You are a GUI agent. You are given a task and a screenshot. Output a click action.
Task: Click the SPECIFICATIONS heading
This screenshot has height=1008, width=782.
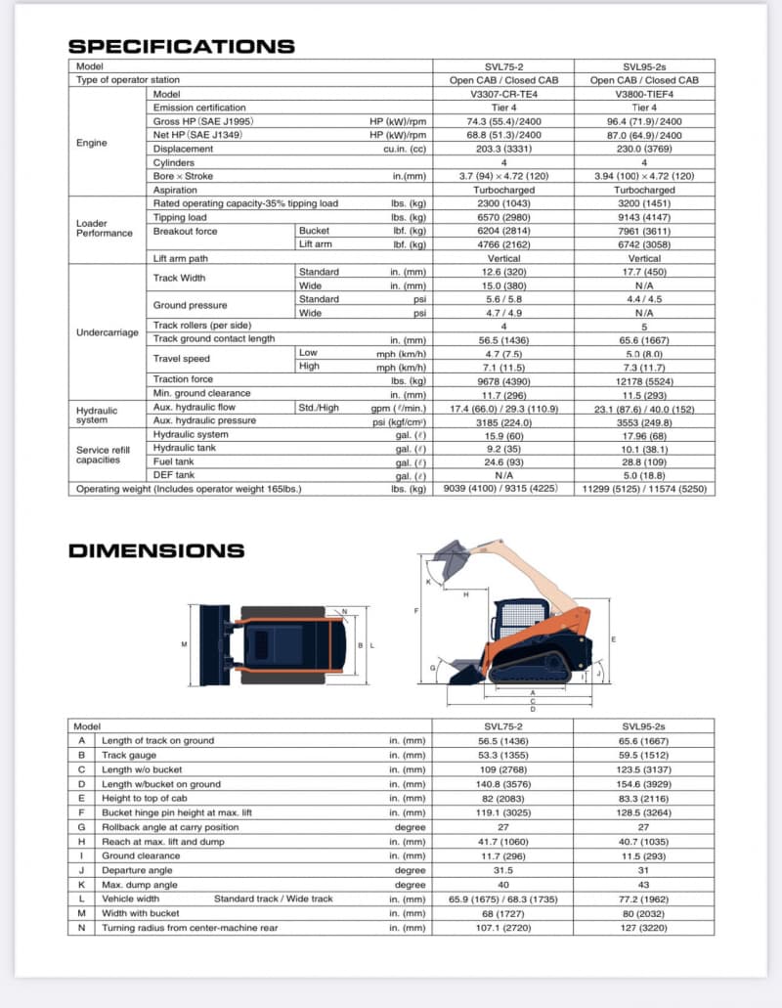181,46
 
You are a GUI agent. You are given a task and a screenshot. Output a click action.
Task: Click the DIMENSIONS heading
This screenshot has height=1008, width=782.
156,550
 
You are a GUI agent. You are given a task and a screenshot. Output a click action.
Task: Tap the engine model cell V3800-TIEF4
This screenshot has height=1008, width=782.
644,94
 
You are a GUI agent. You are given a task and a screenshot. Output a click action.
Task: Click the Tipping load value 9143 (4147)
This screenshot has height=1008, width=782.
644,217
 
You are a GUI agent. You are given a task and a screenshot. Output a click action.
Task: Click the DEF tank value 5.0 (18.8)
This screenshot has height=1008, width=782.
644,475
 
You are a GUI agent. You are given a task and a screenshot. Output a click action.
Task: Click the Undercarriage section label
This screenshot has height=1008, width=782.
108,332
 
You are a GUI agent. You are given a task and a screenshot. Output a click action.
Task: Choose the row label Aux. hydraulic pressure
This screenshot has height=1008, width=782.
204,420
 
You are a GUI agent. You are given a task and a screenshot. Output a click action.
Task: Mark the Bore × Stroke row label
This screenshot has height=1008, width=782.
183,176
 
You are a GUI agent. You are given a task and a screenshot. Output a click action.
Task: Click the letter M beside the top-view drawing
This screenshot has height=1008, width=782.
184,644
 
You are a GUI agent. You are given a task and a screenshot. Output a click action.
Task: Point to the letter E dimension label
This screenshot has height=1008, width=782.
612,638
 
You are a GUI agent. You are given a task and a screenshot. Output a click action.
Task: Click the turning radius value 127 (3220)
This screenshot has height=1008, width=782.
644,927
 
